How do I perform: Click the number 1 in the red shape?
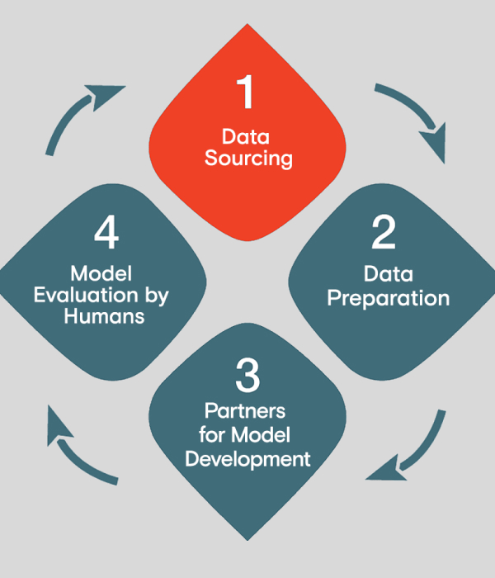(x=247, y=93)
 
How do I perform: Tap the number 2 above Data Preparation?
(x=384, y=234)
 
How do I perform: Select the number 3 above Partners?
(x=247, y=376)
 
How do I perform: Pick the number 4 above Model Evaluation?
(x=106, y=234)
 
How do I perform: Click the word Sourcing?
(x=248, y=158)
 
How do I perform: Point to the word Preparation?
(x=389, y=297)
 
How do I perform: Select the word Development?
(x=248, y=457)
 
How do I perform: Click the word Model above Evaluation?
(x=101, y=273)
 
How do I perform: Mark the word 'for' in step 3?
(x=213, y=433)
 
